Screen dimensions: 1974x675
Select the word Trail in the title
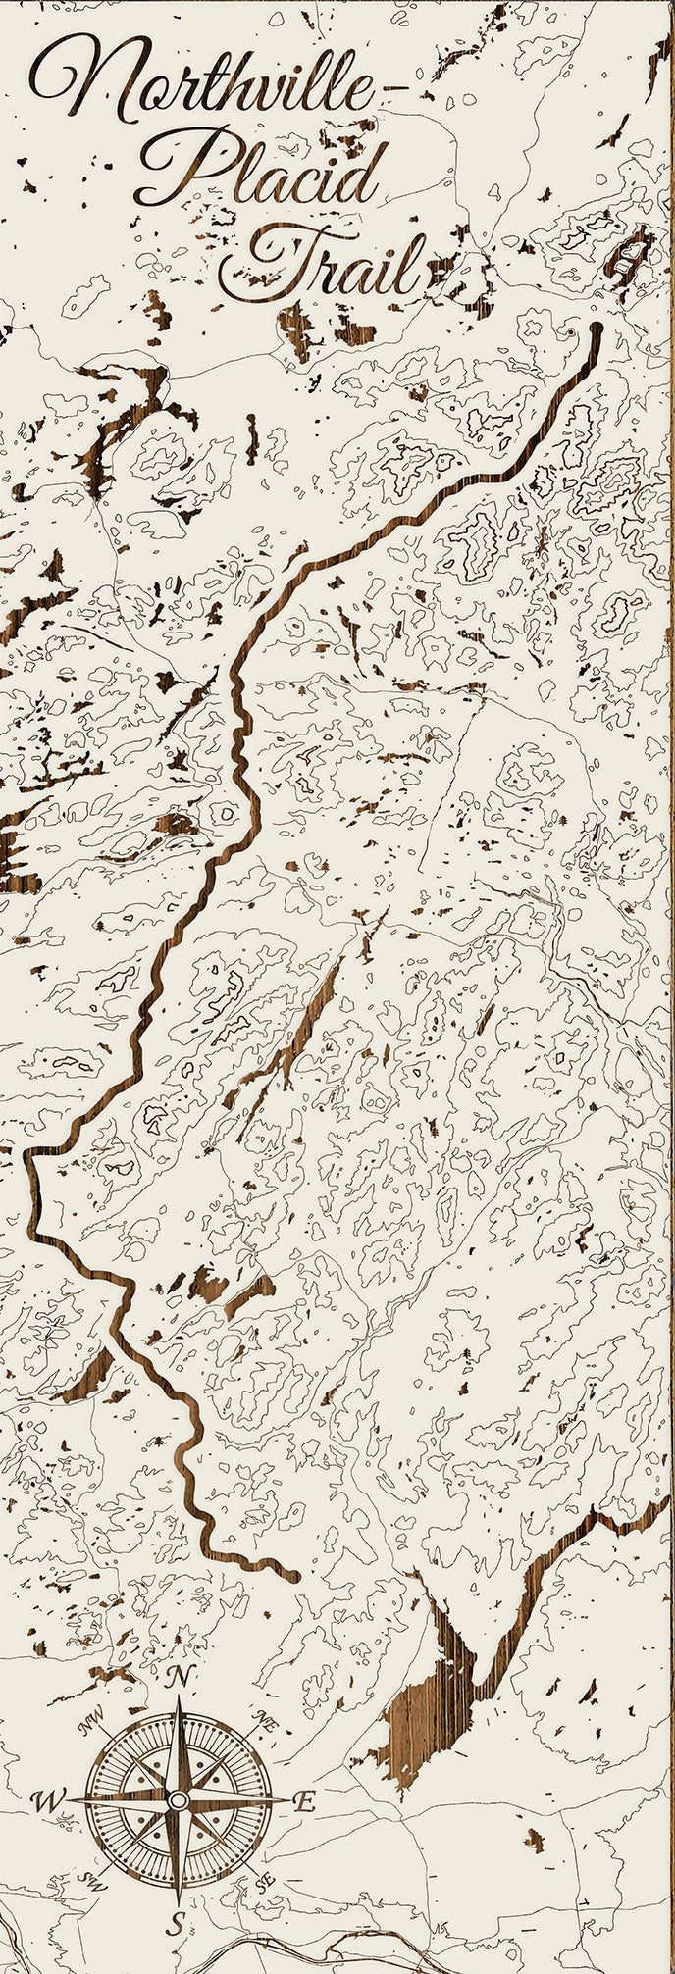tap(324, 260)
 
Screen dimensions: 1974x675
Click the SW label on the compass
tap(93, 1881)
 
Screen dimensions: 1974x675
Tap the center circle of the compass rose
tap(178, 1800)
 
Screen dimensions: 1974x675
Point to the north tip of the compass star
tap(179, 1698)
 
